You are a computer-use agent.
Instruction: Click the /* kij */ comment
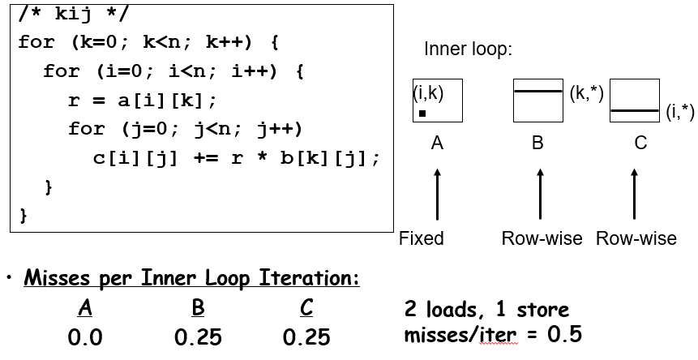pyautogui.click(x=74, y=13)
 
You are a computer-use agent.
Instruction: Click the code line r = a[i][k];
pyautogui.click(x=143, y=101)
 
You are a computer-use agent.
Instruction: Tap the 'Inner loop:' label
pyautogui.click(x=468, y=49)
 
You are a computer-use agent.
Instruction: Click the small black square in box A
pyautogui.click(x=422, y=114)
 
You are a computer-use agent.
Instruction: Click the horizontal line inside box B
pyautogui.click(x=537, y=91)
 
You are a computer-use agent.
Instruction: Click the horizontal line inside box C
pyautogui.click(x=634, y=109)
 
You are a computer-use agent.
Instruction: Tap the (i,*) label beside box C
pyautogui.click(x=679, y=112)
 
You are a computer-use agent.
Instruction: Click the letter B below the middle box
pyautogui.click(x=537, y=144)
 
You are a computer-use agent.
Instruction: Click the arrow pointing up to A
pyautogui.click(x=437, y=194)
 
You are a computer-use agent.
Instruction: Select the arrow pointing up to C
pyautogui.click(x=635, y=194)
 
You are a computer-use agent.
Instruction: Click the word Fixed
pyautogui.click(x=422, y=238)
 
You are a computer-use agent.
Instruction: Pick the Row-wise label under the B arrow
pyautogui.click(x=542, y=238)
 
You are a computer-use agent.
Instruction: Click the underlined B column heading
pyautogui.click(x=198, y=309)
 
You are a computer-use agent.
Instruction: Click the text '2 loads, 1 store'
pyautogui.click(x=486, y=309)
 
